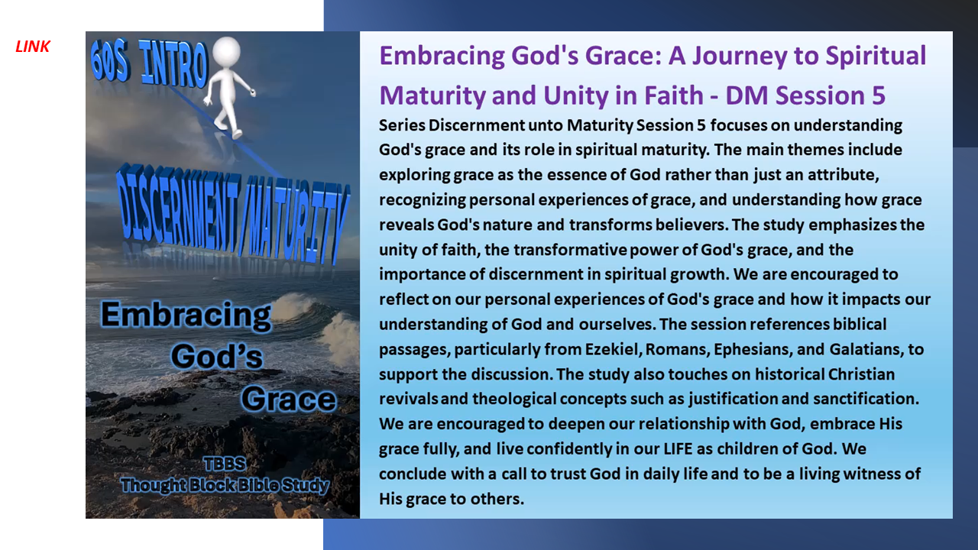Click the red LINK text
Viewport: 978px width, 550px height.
click(33, 47)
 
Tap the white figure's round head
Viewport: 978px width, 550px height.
click(227, 51)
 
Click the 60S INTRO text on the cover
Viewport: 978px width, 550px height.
click(148, 63)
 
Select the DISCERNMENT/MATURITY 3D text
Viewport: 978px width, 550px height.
click(233, 215)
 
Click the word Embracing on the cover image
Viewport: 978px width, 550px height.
click(186, 316)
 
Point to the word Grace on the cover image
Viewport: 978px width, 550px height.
click(289, 399)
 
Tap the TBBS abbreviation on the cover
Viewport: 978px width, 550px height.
click(225, 464)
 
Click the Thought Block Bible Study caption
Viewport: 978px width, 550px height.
click(225, 485)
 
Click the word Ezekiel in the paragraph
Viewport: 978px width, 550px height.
click(611, 349)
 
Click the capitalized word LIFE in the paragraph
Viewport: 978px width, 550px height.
click(678, 448)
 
